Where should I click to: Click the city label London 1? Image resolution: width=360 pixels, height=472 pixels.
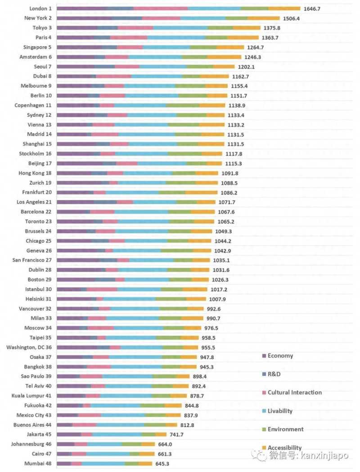[x=40, y=9]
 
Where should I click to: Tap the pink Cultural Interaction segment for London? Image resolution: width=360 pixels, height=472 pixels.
[x=160, y=9]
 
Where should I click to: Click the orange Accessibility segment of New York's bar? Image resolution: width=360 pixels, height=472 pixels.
[x=263, y=18]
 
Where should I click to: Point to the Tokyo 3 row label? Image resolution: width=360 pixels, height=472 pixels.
[x=41, y=28]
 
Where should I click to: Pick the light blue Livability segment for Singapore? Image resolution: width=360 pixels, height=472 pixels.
[x=166, y=47]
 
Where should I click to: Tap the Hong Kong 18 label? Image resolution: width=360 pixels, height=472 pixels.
[x=35, y=173]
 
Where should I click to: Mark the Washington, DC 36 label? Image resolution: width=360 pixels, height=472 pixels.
[x=29, y=347]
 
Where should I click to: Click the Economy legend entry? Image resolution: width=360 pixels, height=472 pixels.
[x=280, y=356]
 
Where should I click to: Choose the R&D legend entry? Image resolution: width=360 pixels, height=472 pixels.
[x=274, y=374]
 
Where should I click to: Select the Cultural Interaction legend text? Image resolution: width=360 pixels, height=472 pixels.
[x=294, y=392]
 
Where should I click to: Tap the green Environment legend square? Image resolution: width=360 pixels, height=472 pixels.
[x=264, y=430]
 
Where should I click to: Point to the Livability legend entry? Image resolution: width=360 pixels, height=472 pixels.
[x=279, y=411]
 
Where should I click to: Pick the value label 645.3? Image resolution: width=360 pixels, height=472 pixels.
[x=165, y=463]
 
